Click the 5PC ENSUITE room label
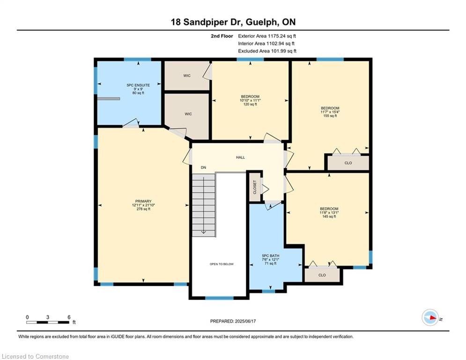pyautogui.click(x=138, y=85)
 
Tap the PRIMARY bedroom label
pyautogui.click(x=143, y=201)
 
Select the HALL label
pyautogui.click(x=240, y=157)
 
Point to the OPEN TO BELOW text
pyautogui.click(x=222, y=264)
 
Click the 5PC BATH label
pyautogui.click(x=270, y=255)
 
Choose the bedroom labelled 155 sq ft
pyautogui.click(x=330, y=112)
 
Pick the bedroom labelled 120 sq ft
pyautogui.click(x=250, y=100)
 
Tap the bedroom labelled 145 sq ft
pyautogui.click(x=329, y=212)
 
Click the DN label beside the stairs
pyautogui.click(x=203, y=167)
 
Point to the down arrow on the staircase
pyautogui.click(x=204, y=205)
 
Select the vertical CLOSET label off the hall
pyautogui.click(x=255, y=187)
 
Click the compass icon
pyautogui.click(x=430, y=317)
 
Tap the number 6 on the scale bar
pyautogui.click(x=69, y=317)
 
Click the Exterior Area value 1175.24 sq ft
pyautogui.click(x=282, y=36)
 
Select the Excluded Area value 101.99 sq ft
pyautogui.click(x=282, y=51)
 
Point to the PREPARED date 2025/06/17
pyautogui.click(x=245, y=321)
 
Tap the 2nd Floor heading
pyautogui.click(x=222, y=36)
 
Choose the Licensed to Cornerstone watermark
pyautogui.click(x=36, y=356)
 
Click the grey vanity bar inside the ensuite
pyautogui.click(x=109, y=98)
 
